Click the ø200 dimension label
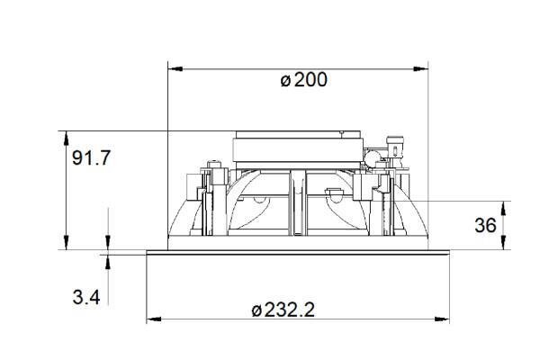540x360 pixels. [303, 80]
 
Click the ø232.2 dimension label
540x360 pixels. [283, 310]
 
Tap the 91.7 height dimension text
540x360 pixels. [91, 158]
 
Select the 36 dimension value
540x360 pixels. [485, 225]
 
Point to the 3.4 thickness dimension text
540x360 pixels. [86, 297]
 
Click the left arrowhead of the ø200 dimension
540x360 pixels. [175, 69]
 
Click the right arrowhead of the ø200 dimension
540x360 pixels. [420, 69]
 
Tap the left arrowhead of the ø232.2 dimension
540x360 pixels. [154, 319]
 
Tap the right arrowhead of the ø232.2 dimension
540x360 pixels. [442, 319]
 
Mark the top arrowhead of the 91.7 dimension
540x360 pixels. [66, 139]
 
